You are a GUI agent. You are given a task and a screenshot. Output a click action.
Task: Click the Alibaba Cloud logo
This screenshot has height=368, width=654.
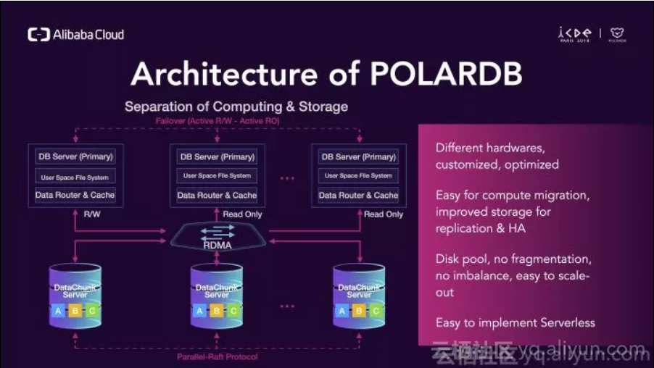tap(75, 35)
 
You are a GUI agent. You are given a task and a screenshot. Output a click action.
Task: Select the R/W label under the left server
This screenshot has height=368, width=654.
tap(93, 214)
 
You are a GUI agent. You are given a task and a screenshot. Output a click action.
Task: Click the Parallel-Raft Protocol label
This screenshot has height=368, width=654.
tap(217, 356)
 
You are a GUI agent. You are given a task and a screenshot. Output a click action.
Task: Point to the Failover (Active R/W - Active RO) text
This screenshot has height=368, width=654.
tap(217, 121)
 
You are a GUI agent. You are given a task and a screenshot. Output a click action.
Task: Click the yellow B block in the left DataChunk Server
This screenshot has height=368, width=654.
tap(75, 311)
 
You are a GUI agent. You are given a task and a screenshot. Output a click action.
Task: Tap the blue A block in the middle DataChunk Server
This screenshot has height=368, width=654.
tap(199, 311)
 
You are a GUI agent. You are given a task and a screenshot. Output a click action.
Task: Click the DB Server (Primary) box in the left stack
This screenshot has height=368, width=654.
tap(75, 156)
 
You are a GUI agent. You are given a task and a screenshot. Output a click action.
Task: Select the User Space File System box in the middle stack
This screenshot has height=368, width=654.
tap(217, 176)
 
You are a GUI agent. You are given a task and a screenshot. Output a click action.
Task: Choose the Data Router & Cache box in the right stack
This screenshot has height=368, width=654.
tap(359, 196)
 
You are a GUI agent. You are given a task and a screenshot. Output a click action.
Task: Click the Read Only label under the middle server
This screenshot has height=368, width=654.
tap(242, 214)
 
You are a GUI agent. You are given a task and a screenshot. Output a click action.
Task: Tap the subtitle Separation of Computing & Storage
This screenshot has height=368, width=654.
tap(236, 106)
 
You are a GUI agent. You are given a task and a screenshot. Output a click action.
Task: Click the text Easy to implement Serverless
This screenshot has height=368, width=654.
tap(515, 323)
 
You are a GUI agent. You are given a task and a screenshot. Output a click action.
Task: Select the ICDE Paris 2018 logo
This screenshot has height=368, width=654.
tap(574, 35)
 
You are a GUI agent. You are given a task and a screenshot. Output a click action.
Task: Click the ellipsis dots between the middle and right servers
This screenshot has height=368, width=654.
tap(287, 177)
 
